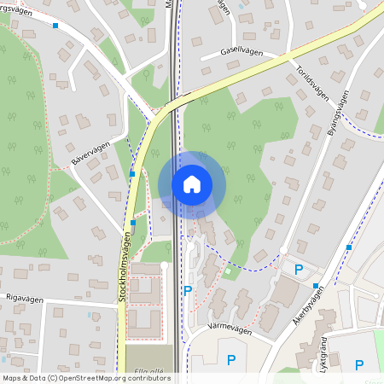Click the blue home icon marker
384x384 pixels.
click(192, 183)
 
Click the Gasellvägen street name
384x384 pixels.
click(241, 52)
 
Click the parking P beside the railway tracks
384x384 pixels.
click(188, 291)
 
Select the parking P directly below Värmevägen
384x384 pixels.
click(230, 360)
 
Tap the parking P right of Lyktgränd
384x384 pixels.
click(359, 364)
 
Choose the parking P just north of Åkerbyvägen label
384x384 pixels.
click(299, 270)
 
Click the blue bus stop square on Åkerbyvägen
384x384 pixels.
click(317, 286)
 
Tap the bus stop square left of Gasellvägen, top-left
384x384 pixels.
click(56, 26)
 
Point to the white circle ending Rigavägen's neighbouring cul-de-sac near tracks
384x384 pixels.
click(164, 265)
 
